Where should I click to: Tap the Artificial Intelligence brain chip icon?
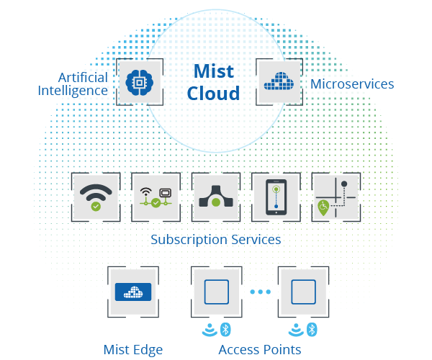point(140,83)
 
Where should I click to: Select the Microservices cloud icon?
point(279,82)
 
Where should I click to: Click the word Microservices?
point(352,84)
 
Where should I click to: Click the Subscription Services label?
point(215,239)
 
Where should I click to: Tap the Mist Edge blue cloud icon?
point(132,292)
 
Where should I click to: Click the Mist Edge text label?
point(132,350)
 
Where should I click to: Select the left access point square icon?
point(215,292)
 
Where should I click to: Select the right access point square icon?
point(302,292)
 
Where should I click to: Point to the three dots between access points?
point(258,292)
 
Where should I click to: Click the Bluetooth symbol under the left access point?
point(225,329)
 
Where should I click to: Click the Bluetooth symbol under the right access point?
point(312,329)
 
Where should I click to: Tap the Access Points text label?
point(259,350)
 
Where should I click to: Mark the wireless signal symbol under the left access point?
point(209,330)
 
